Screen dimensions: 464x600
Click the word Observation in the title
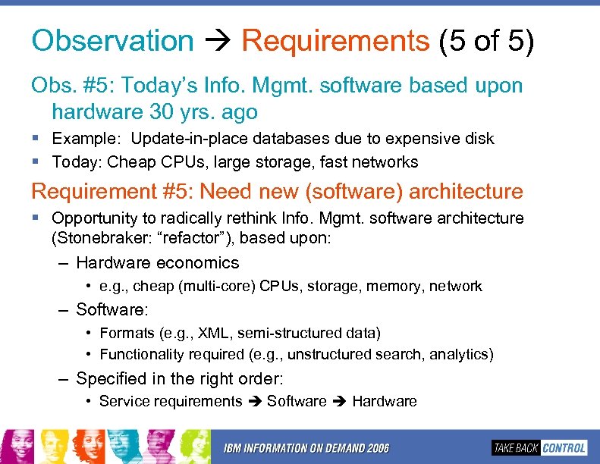[112, 41]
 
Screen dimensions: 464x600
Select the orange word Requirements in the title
[335, 41]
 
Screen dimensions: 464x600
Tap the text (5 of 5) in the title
[486, 41]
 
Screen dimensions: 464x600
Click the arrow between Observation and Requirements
[217, 42]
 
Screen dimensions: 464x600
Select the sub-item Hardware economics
[157, 263]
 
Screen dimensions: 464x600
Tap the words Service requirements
[171, 402]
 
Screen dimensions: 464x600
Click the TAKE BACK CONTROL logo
[539, 447]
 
